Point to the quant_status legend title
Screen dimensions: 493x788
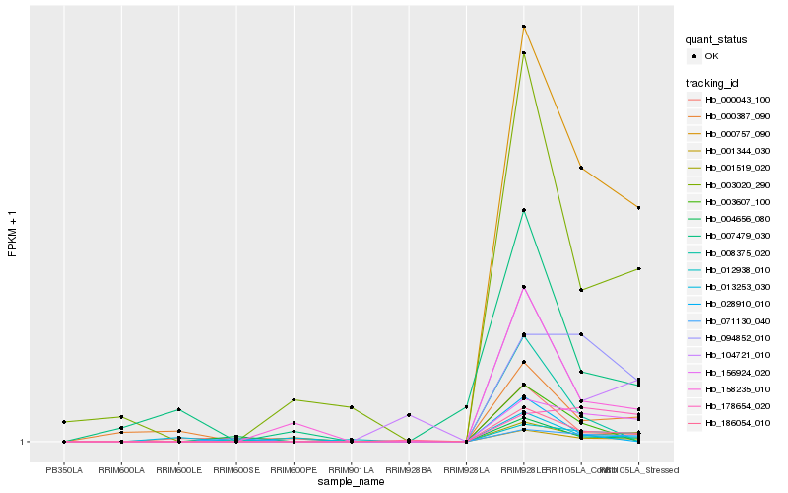coord(716,40)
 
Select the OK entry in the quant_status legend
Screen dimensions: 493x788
coord(712,56)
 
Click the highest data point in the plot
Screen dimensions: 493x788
coord(524,27)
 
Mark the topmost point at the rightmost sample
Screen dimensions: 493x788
coord(639,208)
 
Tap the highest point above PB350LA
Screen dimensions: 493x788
coord(64,422)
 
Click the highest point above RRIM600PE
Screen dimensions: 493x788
coord(294,400)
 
